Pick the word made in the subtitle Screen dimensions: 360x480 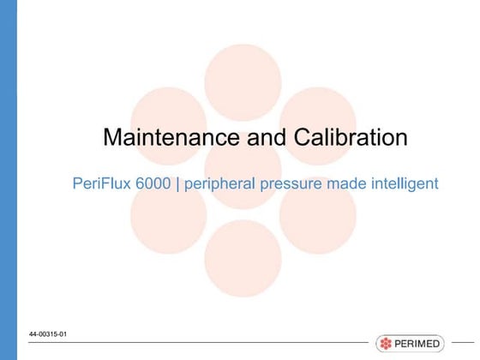click(340, 183)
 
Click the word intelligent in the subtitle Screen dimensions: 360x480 click(402, 183)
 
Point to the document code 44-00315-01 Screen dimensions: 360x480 click(47, 333)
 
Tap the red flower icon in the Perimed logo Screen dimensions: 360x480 click(387, 344)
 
